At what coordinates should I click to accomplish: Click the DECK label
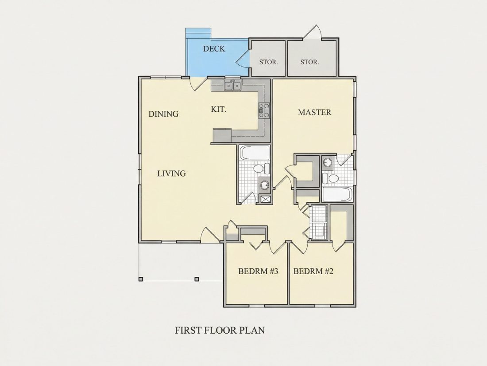[214, 49]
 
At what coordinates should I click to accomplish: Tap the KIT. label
[219, 109]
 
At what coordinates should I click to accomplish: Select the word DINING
[163, 114]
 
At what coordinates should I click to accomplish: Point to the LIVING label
[171, 173]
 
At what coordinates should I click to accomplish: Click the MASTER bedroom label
[315, 112]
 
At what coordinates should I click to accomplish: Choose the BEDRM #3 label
[258, 272]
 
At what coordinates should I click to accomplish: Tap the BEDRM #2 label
[313, 272]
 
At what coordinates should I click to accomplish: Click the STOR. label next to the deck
[269, 62]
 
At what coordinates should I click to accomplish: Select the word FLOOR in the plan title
[221, 330]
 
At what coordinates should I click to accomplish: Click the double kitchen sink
[232, 85]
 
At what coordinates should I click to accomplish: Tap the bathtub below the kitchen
[255, 153]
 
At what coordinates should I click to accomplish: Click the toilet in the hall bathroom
[260, 169]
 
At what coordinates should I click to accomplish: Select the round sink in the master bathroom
[327, 162]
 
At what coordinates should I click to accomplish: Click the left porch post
[141, 279]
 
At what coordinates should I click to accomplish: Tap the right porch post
[197, 279]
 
